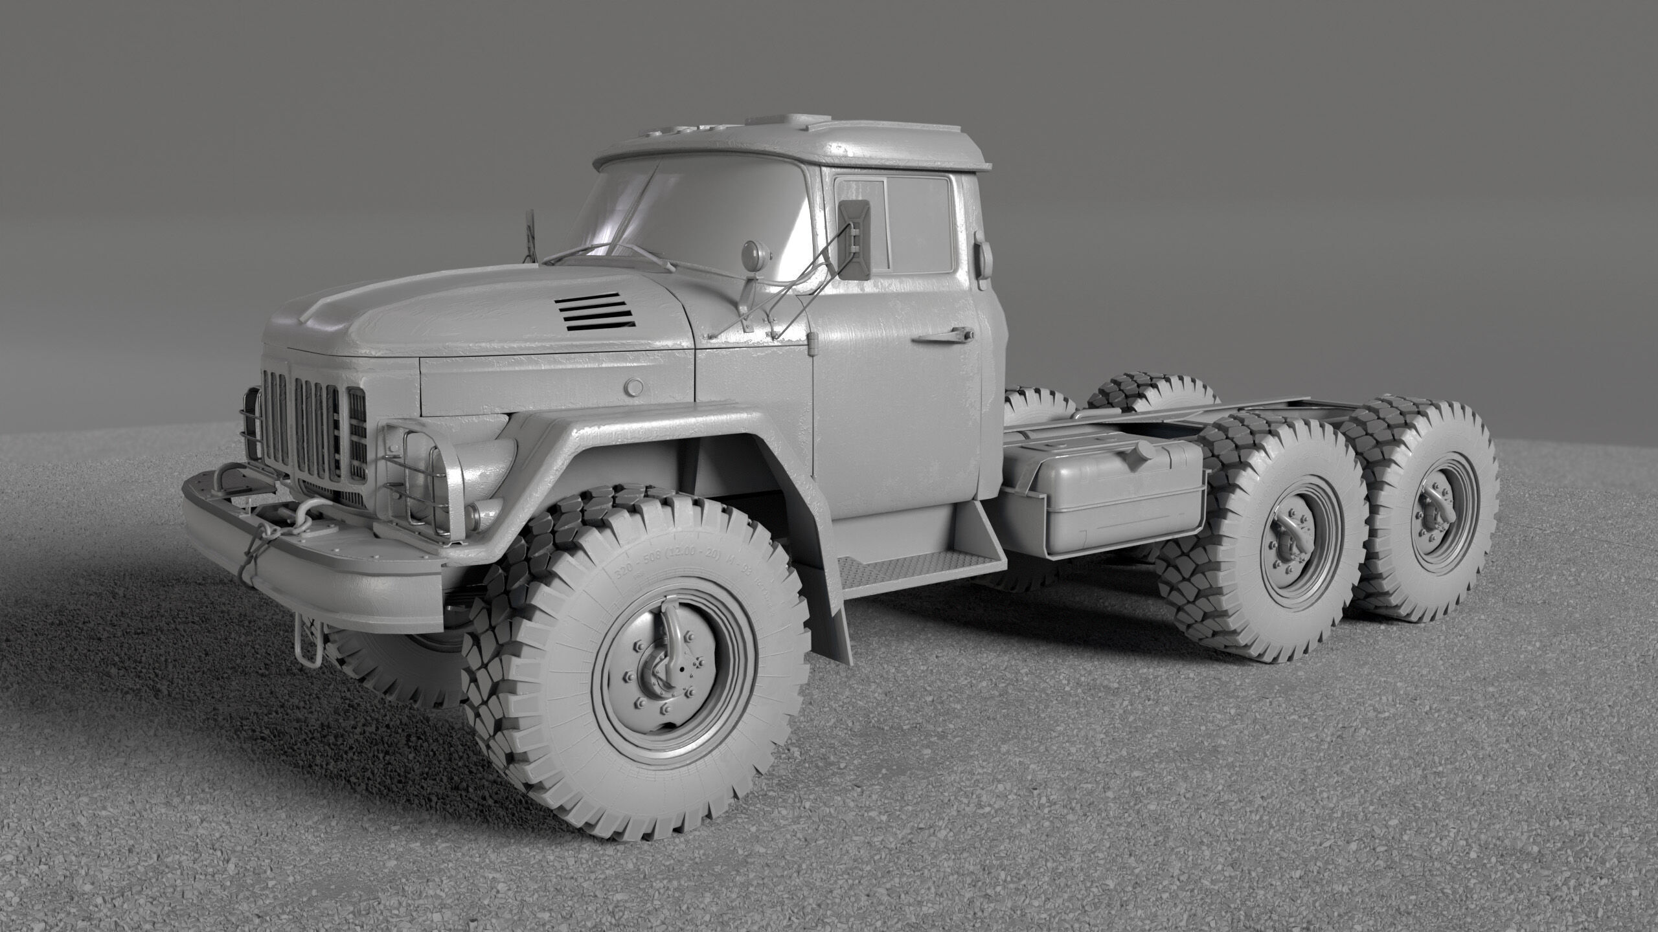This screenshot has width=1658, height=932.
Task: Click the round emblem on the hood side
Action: tap(633, 387)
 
